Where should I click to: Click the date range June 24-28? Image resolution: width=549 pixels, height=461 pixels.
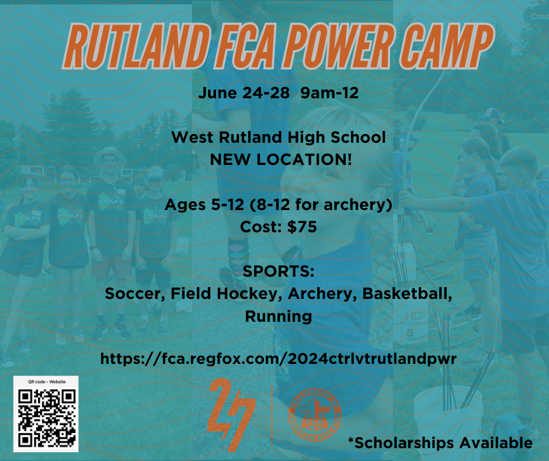click(245, 92)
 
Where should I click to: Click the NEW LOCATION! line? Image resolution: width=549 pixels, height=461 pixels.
click(279, 158)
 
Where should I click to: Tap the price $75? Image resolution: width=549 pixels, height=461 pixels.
click(302, 227)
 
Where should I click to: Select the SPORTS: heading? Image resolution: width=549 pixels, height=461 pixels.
click(279, 272)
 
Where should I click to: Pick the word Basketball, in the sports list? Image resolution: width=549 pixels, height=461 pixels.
click(408, 294)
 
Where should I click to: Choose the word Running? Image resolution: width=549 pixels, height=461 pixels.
click(279, 316)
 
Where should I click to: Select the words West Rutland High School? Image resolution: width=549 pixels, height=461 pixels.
click(279, 138)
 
